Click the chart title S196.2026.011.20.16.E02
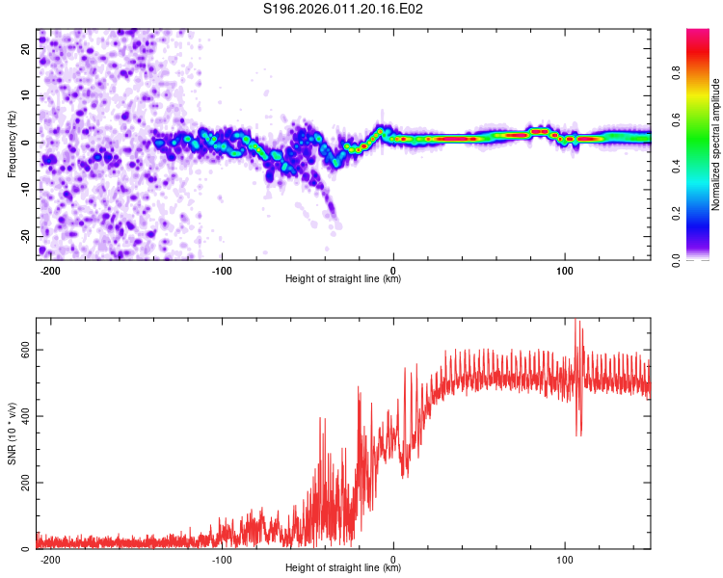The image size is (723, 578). (343, 9)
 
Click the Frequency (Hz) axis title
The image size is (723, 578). (12, 144)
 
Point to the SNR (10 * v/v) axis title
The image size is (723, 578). (12, 433)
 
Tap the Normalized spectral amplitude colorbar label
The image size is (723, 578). (716, 144)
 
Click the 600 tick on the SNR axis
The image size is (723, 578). (22, 350)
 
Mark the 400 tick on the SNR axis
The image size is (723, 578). (22, 416)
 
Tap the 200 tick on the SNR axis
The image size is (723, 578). (22, 483)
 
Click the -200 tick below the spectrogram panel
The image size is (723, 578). (51, 270)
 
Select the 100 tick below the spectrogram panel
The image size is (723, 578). (565, 270)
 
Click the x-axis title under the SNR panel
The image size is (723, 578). (343, 568)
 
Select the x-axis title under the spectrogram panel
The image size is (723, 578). (343, 279)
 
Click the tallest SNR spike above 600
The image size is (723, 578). (576, 321)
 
